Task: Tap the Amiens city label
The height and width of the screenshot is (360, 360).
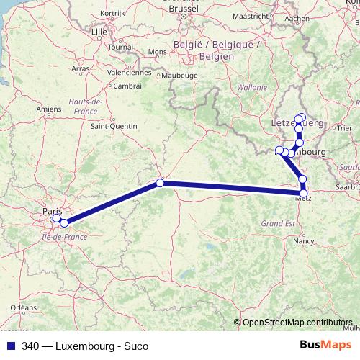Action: tap(49, 109)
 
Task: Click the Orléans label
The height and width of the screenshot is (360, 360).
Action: tap(24, 307)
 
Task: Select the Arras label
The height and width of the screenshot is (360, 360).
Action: tap(80, 68)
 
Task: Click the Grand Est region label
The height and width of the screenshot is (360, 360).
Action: tap(277, 223)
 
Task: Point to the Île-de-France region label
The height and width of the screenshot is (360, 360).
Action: tap(65, 235)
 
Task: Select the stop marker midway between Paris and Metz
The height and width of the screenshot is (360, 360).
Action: tap(161, 183)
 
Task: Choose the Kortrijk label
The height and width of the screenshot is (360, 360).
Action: tap(113, 14)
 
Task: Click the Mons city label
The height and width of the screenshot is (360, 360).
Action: tap(157, 52)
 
